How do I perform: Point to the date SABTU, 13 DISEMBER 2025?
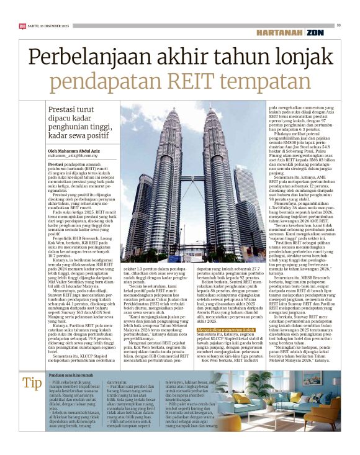pos(44,25)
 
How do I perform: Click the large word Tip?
pos(32,384)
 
